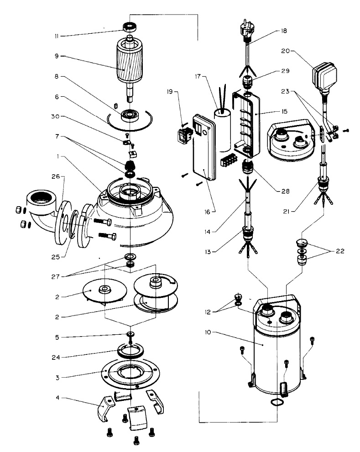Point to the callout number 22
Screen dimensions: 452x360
[340, 251]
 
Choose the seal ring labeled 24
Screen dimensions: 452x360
[131, 352]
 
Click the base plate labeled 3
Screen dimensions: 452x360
[130, 372]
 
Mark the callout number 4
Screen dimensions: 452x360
[57, 398]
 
